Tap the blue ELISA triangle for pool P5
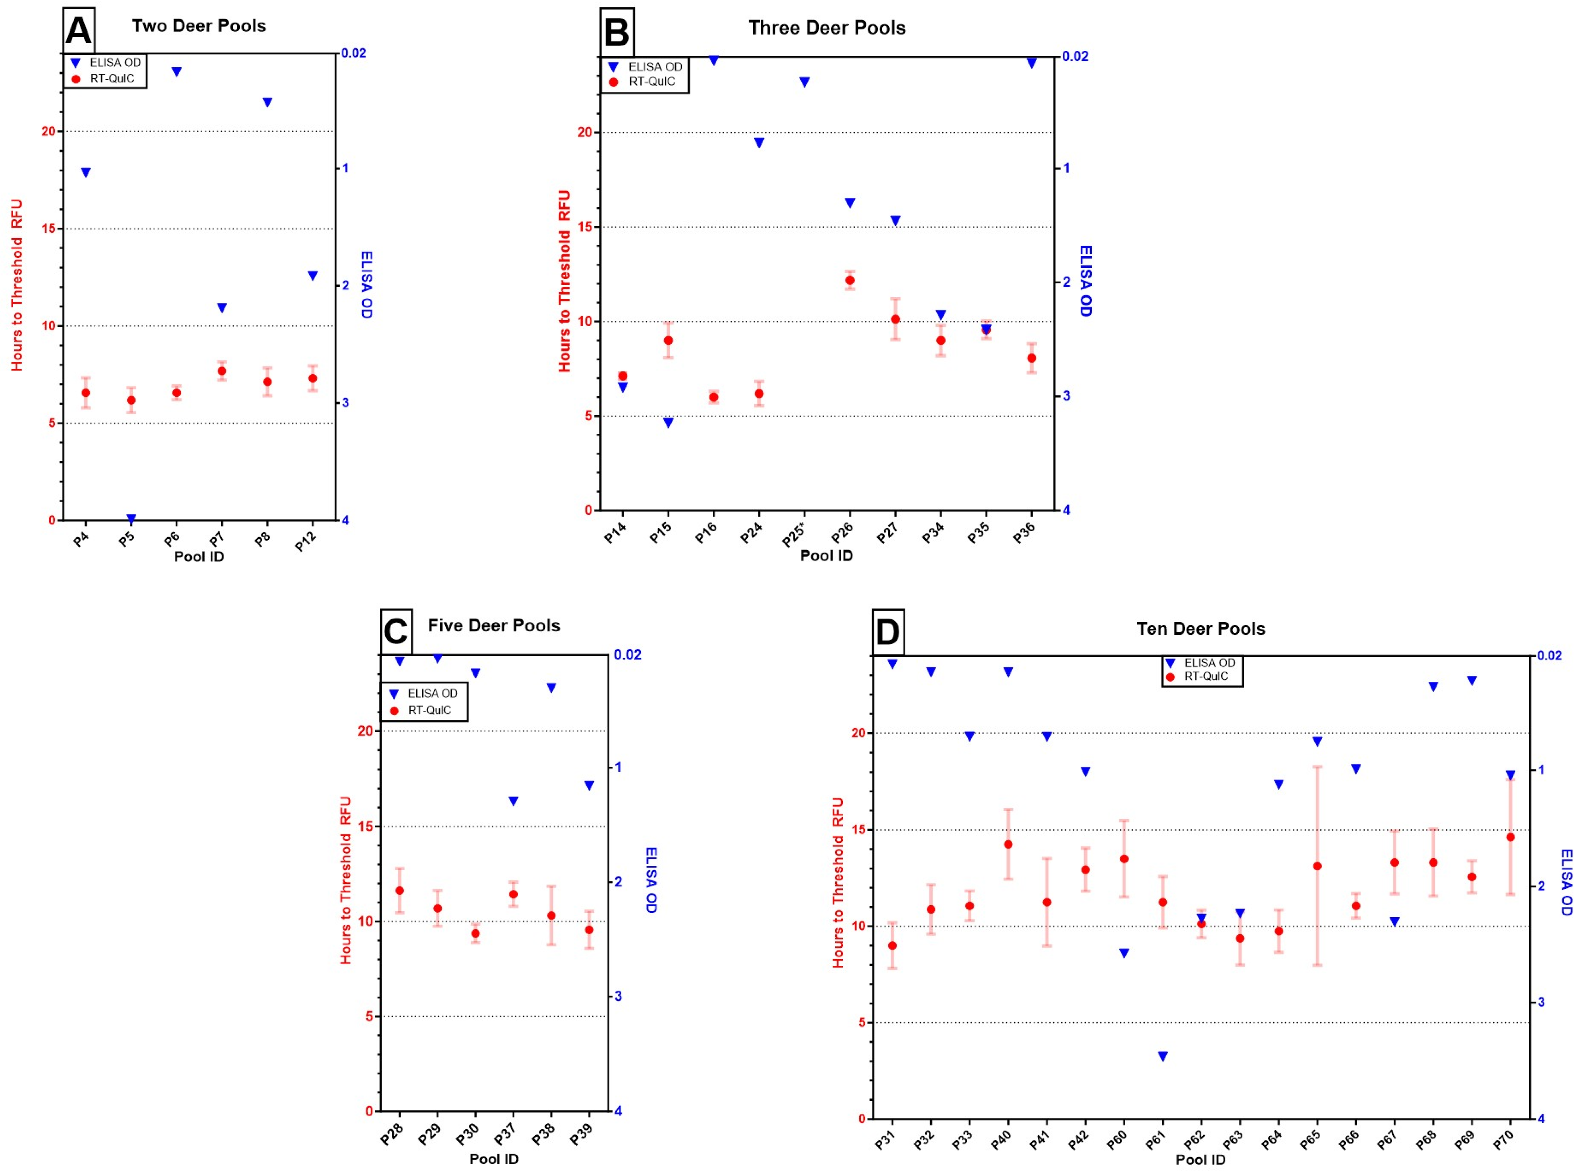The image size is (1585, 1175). point(131,518)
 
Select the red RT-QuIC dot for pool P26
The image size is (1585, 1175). point(850,280)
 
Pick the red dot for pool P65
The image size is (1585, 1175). point(1317,866)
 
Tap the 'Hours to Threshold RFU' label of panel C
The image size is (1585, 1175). point(346,880)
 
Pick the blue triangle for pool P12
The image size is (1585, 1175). point(313,276)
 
